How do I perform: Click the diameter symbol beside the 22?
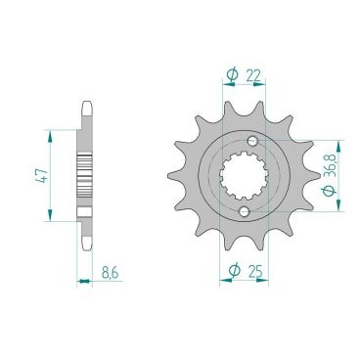tap(232, 73)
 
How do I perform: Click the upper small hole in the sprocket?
tap(252, 143)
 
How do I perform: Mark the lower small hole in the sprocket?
tap(244, 211)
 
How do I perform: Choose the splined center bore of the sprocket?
tap(247, 177)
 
